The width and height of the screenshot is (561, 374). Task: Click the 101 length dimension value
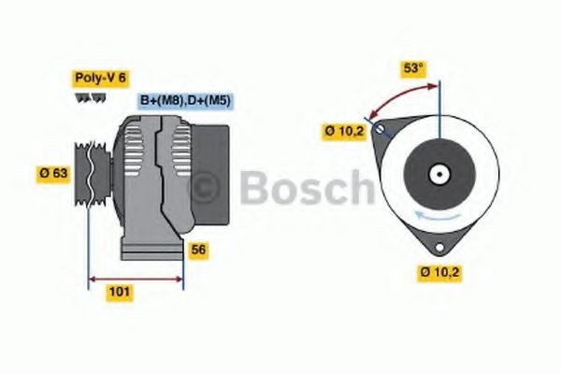[119, 292]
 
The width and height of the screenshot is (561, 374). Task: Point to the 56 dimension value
[198, 250]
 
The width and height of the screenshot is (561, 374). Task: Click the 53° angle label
[413, 69]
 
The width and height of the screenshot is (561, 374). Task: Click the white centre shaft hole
[438, 174]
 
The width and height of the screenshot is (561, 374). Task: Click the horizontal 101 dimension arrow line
[136, 278]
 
